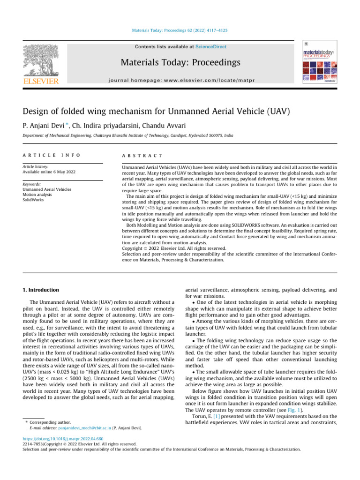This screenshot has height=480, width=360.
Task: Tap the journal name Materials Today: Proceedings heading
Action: pos(180,62)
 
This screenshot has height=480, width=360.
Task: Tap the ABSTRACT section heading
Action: pos(142,155)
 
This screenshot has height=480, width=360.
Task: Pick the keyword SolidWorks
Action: pos(33,200)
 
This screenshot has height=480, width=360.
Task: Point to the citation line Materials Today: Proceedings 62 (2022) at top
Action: pos(180,31)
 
